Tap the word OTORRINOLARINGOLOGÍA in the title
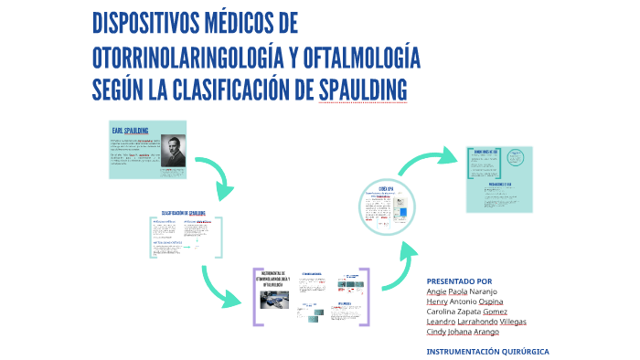pos(187,58)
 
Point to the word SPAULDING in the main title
pos(362,90)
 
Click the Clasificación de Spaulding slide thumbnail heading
pos(184,213)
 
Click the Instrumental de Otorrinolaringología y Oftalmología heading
pos(275,279)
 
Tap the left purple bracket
pos(256,297)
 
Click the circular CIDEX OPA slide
pos(387,204)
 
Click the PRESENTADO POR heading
pos(459,281)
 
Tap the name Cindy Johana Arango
pos(464,331)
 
